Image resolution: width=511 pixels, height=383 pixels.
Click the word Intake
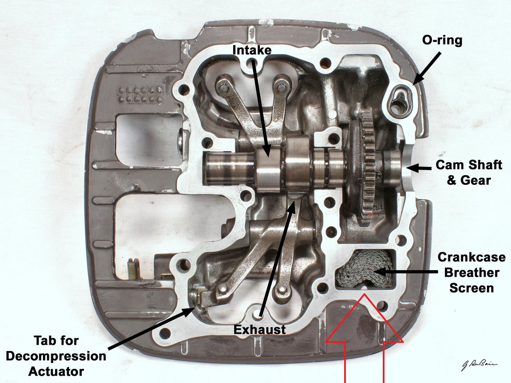(251, 49)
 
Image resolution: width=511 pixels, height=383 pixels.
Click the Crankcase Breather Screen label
(472, 272)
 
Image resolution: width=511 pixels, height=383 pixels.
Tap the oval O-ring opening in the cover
(398, 102)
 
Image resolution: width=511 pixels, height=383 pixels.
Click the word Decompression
(70, 356)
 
